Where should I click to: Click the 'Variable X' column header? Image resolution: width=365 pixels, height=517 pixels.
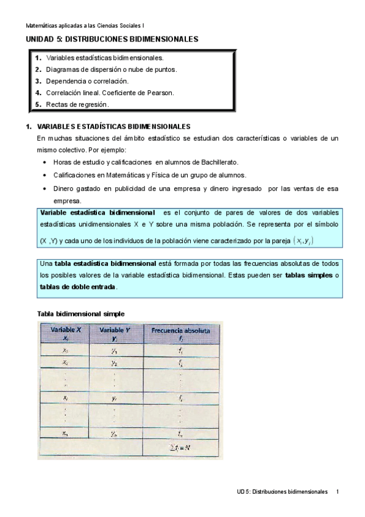[x=65, y=333]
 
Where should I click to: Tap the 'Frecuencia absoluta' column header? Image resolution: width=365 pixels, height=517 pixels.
[x=180, y=333]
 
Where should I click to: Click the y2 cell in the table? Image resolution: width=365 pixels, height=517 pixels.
[x=115, y=363]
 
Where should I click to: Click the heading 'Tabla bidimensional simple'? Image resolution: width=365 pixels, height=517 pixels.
[x=80, y=313]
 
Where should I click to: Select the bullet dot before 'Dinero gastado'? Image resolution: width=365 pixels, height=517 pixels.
[x=46, y=189]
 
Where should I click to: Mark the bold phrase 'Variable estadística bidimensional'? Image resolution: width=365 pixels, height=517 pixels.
[x=97, y=213]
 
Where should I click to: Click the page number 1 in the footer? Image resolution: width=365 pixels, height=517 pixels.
[x=338, y=491]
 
